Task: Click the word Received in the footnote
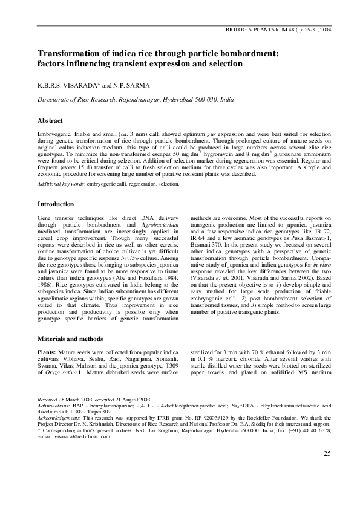(x=49, y=400)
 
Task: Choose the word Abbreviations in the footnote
(x=54, y=407)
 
